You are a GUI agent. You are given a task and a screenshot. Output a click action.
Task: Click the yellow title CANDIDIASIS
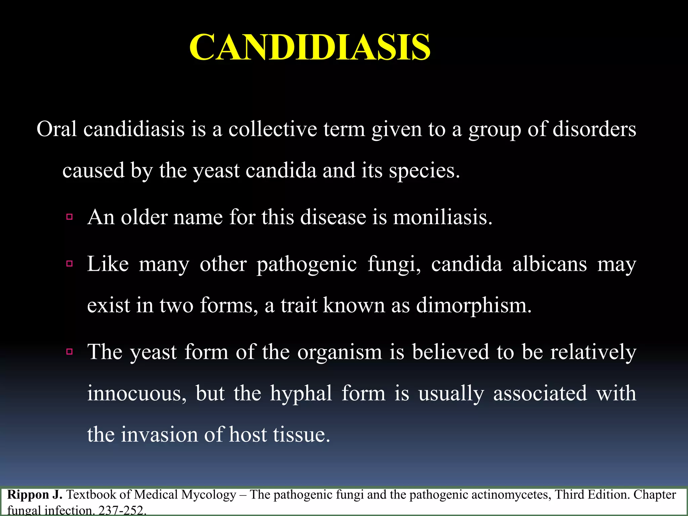pos(309,47)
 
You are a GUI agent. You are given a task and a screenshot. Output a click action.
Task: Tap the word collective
pos(272,129)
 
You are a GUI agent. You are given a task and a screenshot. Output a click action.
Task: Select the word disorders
pos(594,129)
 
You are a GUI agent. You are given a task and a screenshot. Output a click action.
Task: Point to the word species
pos(424,170)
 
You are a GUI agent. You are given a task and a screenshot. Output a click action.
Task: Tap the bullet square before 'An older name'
pos(70,217)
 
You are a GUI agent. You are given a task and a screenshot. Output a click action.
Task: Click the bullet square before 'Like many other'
pos(70,264)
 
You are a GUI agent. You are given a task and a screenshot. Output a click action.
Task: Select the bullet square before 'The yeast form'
pos(70,352)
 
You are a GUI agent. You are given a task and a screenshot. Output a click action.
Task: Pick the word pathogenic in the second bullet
pos(306,264)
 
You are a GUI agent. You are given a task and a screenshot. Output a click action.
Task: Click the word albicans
pos(550,264)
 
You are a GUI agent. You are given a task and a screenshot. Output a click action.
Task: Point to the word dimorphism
pos(473,305)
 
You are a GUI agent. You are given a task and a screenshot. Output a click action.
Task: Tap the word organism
pos(340,352)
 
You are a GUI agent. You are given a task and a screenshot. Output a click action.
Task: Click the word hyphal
pos(301,393)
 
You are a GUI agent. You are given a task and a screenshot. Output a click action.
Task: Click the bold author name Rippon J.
pos(35,495)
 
